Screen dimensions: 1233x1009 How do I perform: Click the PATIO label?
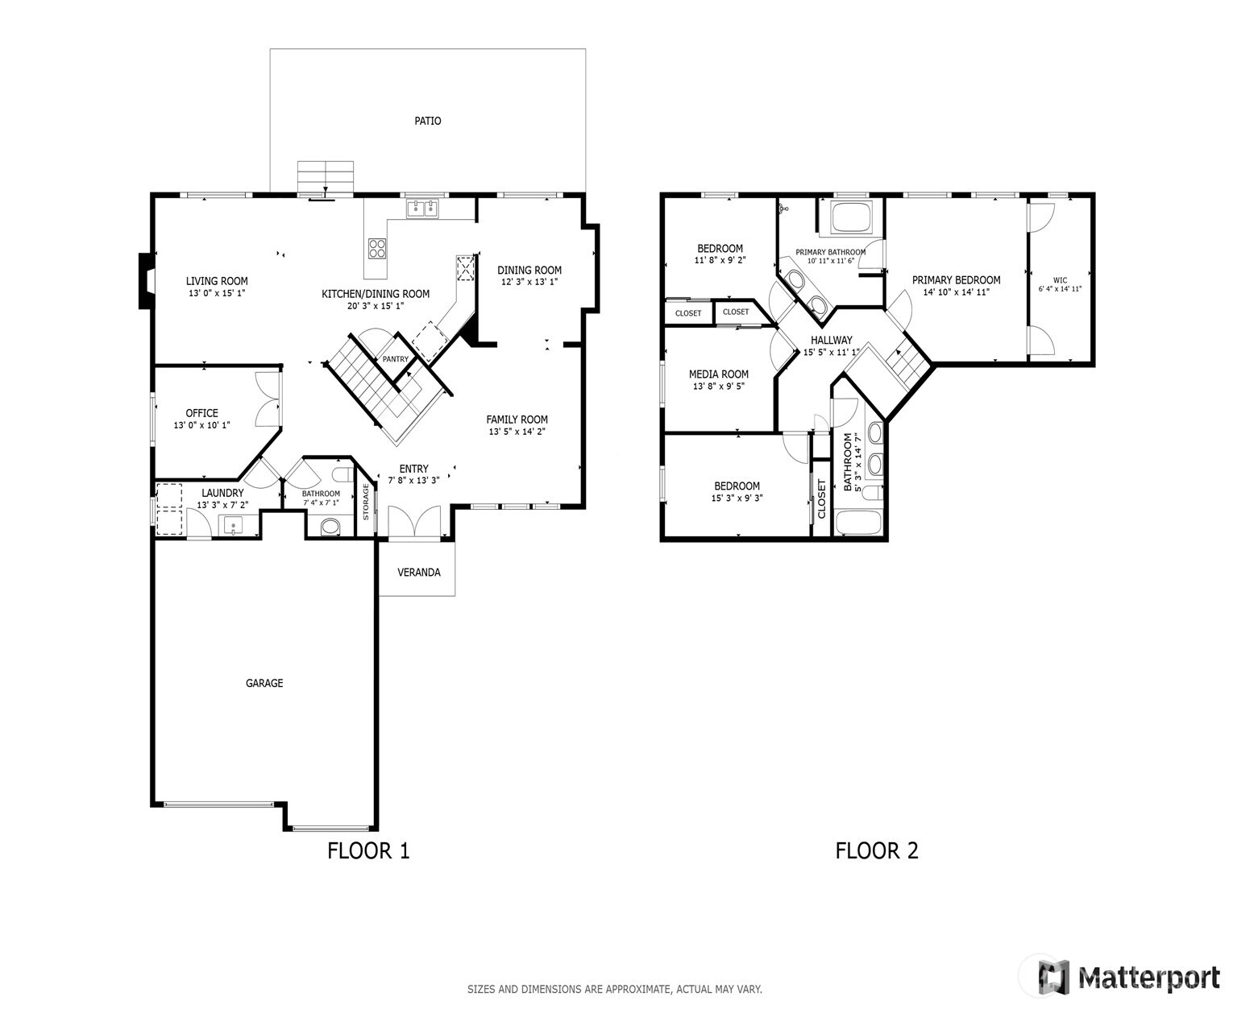(427, 121)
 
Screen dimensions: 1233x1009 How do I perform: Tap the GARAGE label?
(264, 683)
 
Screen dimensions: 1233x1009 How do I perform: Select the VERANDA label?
(418, 573)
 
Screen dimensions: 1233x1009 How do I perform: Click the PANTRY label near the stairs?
(395, 358)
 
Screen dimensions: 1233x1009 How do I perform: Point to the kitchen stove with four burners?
(376, 248)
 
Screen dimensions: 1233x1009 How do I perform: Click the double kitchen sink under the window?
(423, 208)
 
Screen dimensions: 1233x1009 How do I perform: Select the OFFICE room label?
(201, 413)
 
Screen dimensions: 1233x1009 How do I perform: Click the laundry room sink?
(233, 525)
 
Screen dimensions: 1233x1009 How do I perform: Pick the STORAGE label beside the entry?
(366, 502)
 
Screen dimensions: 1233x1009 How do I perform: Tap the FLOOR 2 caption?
(876, 850)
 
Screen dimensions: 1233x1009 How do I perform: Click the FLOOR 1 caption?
(368, 850)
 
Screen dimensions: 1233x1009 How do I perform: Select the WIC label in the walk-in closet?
(1060, 280)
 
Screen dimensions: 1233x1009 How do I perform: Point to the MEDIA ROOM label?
(719, 374)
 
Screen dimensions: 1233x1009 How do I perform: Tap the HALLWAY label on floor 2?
(832, 340)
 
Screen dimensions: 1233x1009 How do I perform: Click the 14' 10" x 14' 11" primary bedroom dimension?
(957, 292)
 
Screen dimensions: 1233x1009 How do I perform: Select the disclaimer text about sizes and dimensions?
(614, 989)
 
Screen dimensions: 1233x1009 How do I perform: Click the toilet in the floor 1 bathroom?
(330, 527)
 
